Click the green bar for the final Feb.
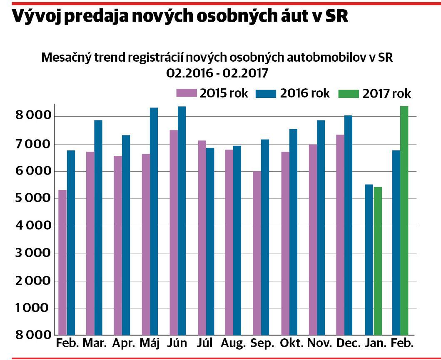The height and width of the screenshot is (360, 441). [x=404, y=221]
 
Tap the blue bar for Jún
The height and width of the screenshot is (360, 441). [x=182, y=221]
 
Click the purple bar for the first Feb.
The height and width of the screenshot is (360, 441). [x=62, y=262]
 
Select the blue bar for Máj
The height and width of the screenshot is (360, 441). [x=154, y=221]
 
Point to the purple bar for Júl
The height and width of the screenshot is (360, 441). [x=202, y=238]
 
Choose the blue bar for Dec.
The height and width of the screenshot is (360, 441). [x=348, y=225]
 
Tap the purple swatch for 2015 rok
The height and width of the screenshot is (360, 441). [x=186, y=93]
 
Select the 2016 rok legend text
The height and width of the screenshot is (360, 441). [x=305, y=93]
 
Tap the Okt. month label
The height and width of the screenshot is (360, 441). [x=292, y=343]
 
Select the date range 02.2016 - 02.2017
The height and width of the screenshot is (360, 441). [x=217, y=73]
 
